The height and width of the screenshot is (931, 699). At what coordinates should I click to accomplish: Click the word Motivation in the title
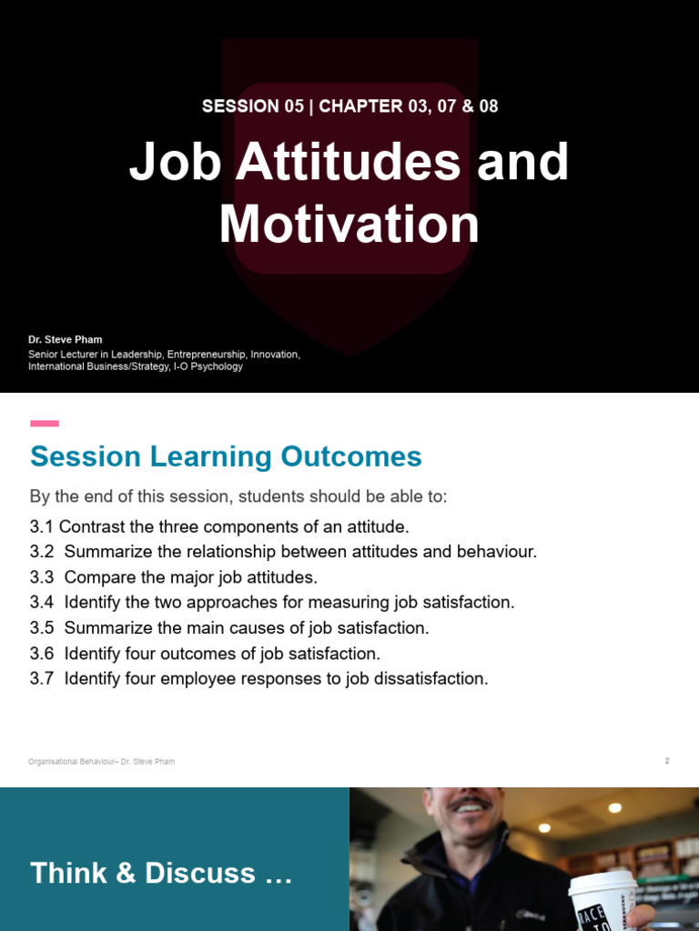349,225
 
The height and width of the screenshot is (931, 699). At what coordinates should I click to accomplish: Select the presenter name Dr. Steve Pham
66,339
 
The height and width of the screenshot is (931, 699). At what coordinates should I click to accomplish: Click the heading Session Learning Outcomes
226,456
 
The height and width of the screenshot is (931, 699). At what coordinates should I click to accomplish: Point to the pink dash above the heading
45,423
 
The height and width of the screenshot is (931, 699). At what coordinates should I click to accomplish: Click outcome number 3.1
42,527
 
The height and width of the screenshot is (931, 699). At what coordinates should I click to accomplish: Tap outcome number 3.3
42,577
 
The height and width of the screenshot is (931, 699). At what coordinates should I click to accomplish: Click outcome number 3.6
42,653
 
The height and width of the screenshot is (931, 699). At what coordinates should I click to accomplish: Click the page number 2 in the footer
667,761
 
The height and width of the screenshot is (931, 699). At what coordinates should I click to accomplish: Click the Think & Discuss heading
161,874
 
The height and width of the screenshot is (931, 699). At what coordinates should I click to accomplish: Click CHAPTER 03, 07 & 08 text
409,106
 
